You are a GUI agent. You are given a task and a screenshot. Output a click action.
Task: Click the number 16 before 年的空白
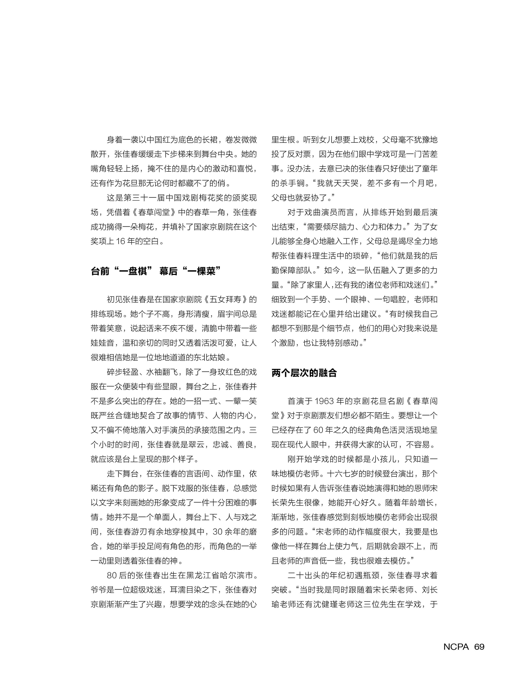point(121,241)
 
